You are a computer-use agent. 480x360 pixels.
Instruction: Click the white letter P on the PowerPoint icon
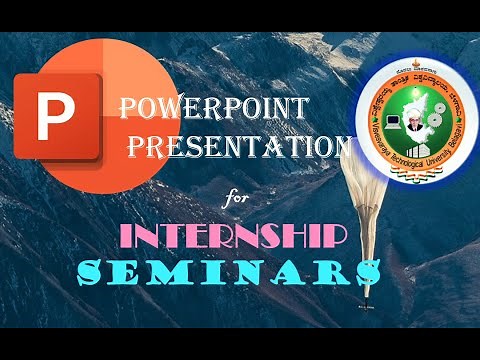(x=48, y=116)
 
